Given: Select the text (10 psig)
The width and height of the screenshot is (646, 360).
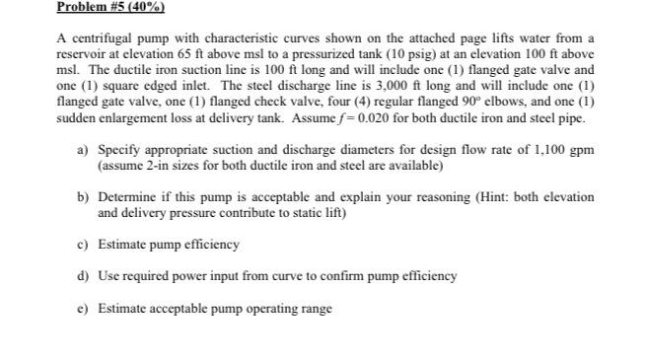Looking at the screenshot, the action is (x=398, y=54).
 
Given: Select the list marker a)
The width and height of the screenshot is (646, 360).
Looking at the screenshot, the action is (x=83, y=149).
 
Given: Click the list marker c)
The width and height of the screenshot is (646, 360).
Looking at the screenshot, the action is (x=83, y=244).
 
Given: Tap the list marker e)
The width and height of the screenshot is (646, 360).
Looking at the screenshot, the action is (x=83, y=308).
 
